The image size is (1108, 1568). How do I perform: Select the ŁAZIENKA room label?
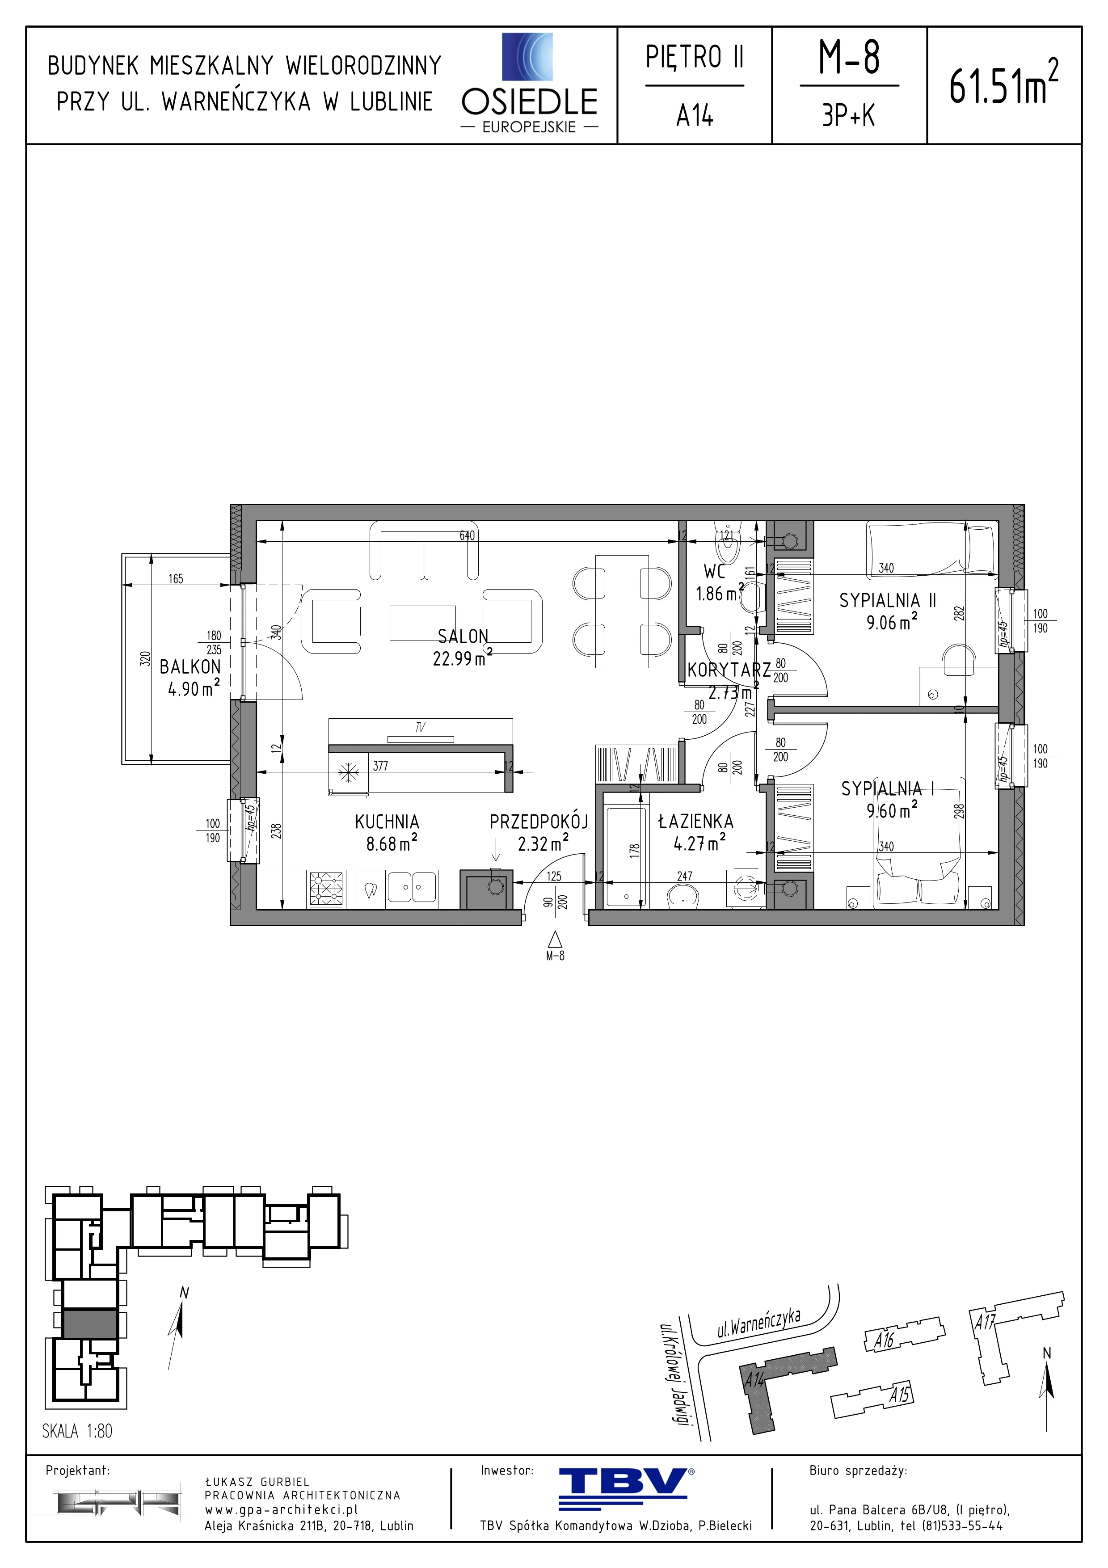point(695,822)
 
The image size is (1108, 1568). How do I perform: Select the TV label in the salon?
point(420,728)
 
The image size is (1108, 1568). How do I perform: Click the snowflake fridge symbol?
point(349,774)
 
